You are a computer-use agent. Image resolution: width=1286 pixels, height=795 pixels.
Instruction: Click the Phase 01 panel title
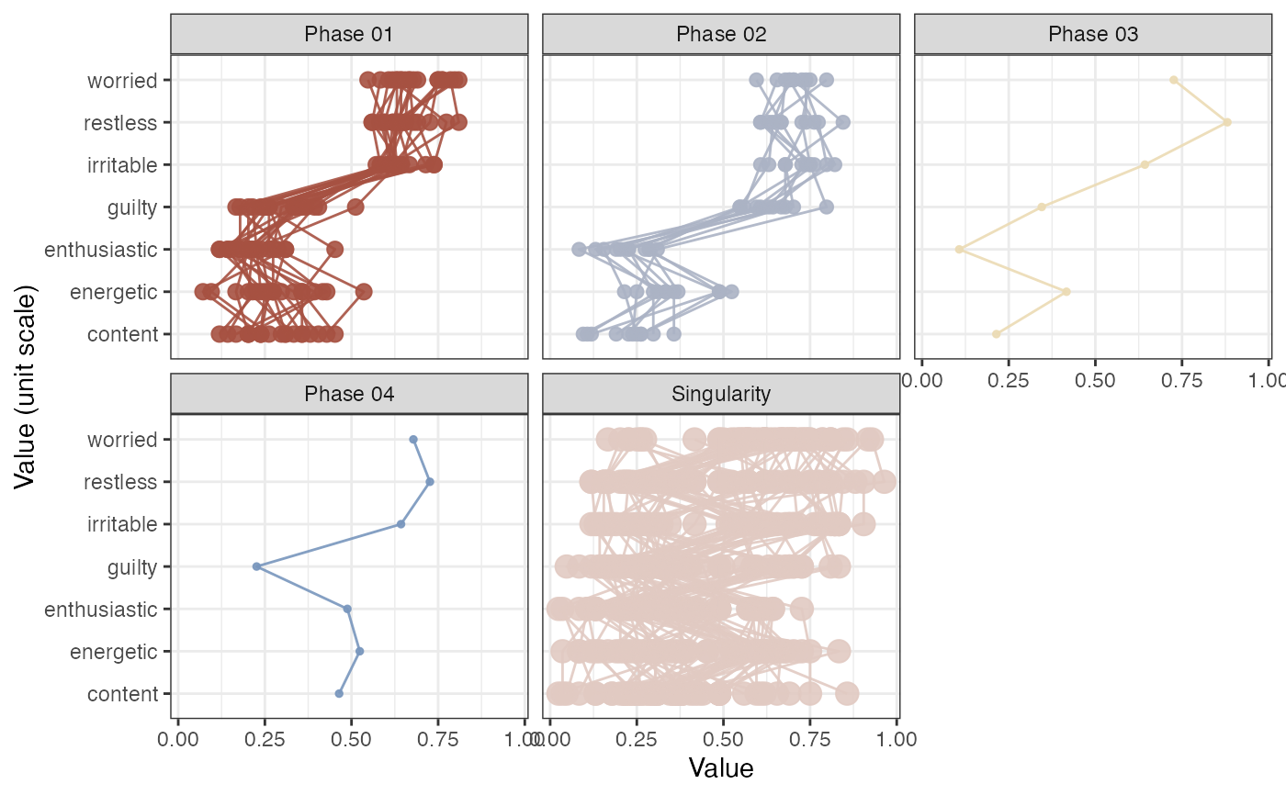pos(349,35)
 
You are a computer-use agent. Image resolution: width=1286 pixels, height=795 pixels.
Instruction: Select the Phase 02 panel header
pos(721,35)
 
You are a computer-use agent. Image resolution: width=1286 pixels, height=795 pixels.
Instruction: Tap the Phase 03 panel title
pos(1093,35)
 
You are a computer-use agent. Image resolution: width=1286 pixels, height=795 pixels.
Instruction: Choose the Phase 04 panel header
pos(349,395)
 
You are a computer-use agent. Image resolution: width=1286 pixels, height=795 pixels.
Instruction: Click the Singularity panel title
pos(721,395)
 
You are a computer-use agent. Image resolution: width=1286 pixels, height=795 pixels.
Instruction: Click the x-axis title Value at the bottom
pos(721,767)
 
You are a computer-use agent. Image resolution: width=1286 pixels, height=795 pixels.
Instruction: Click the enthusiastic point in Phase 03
pos(959,249)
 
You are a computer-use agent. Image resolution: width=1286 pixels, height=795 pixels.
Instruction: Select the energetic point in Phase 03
pos(1066,292)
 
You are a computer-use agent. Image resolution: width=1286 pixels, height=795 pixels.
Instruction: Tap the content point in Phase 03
pos(996,334)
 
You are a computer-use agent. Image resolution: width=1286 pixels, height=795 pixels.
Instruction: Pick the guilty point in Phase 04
pos(256,566)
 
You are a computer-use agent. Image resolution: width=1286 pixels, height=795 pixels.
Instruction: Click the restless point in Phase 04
pos(430,481)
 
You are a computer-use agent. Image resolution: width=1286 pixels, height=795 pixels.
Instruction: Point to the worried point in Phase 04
pos(413,439)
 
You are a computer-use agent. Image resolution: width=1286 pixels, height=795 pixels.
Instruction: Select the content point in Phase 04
pos(339,693)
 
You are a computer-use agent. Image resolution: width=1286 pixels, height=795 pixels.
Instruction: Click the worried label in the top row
pos(122,81)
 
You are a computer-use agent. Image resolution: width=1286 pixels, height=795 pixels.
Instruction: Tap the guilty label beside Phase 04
pos(132,567)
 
